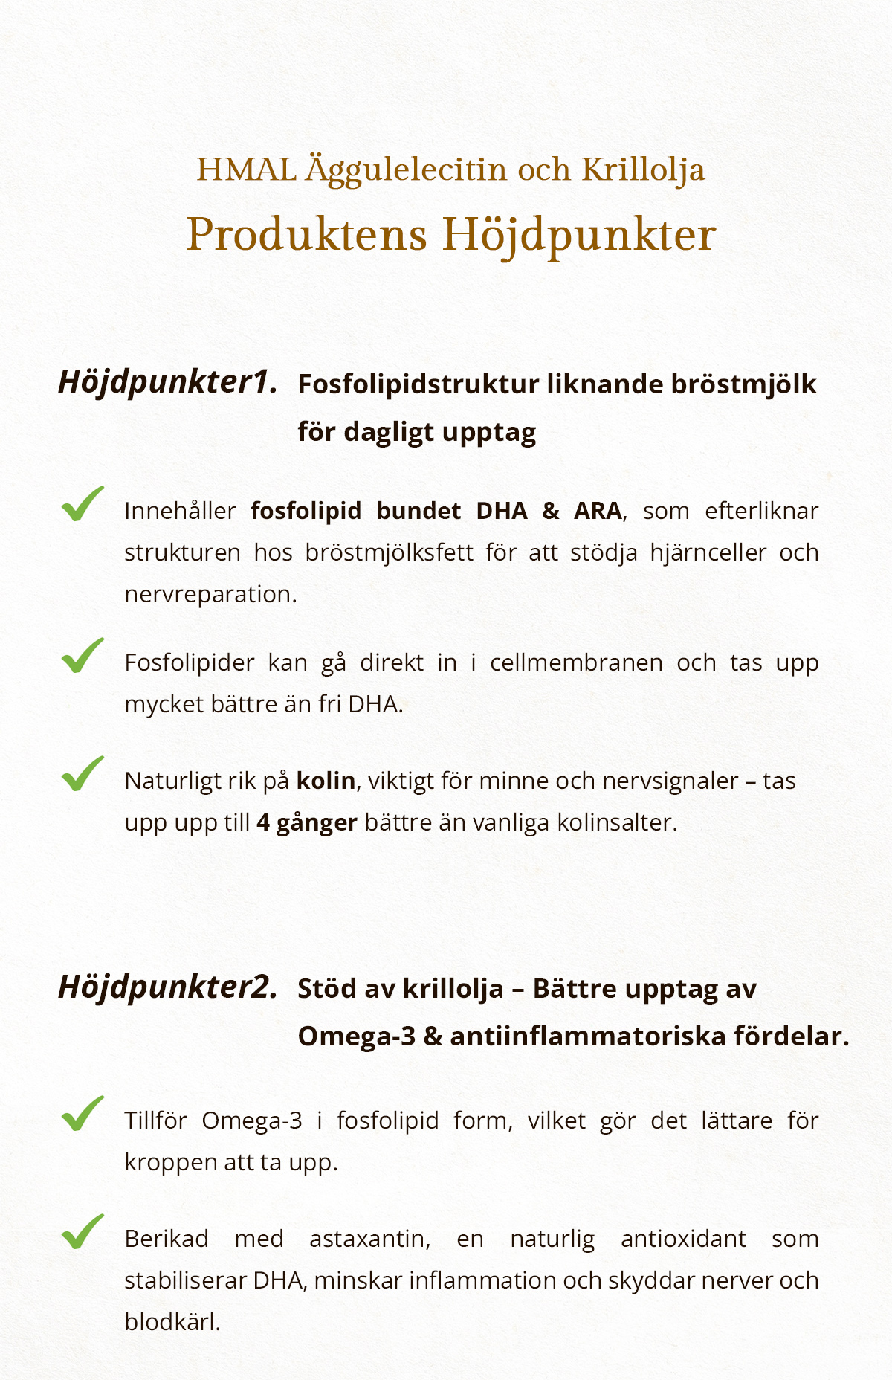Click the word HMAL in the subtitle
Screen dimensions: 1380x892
(x=246, y=170)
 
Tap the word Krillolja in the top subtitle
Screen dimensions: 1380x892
(x=643, y=170)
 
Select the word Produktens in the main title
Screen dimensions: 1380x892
(x=306, y=234)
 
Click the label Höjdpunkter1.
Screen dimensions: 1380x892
(x=168, y=382)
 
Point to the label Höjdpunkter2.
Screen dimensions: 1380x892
(x=168, y=987)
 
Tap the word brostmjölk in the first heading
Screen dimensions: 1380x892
(x=743, y=384)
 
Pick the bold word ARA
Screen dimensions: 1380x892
(x=598, y=511)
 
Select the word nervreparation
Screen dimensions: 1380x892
(x=210, y=594)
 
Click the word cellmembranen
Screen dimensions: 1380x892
(x=576, y=662)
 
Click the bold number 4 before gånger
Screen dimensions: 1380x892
(x=263, y=822)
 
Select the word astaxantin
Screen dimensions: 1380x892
(x=369, y=1239)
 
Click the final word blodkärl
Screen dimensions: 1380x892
(x=172, y=1322)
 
